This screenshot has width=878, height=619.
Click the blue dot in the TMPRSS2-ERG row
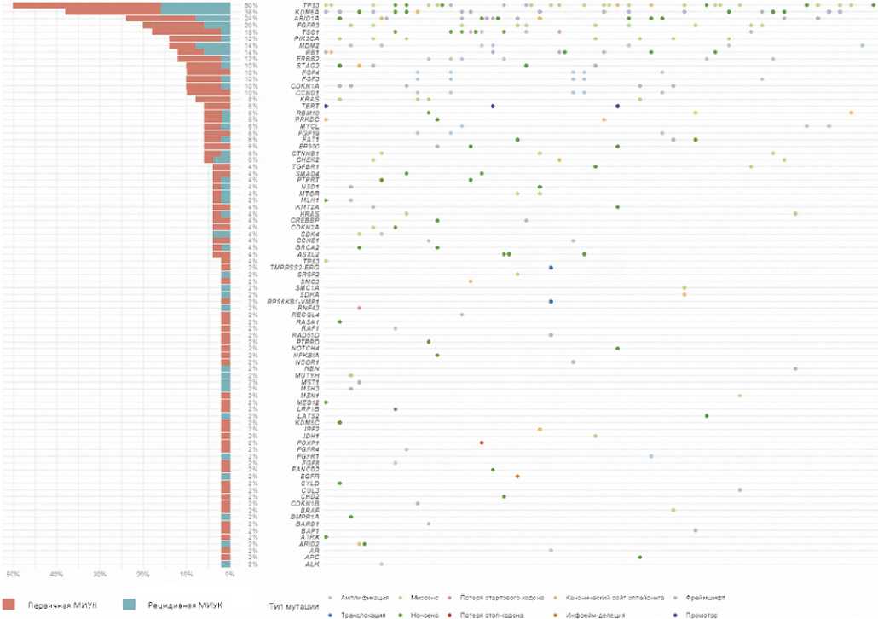pyautogui.click(x=552, y=268)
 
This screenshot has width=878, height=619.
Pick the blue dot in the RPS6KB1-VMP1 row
pyautogui.click(x=552, y=301)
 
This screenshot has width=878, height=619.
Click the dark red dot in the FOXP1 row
pyautogui.click(x=482, y=443)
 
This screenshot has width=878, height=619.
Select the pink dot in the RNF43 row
pyautogui.click(x=360, y=308)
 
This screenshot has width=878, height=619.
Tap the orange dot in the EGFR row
pyautogui.click(x=517, y=476)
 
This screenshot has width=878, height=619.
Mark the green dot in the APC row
pyautogui.click(x=639, y=557)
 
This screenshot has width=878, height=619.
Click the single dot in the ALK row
pyautogui.click(x=381, y=564)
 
